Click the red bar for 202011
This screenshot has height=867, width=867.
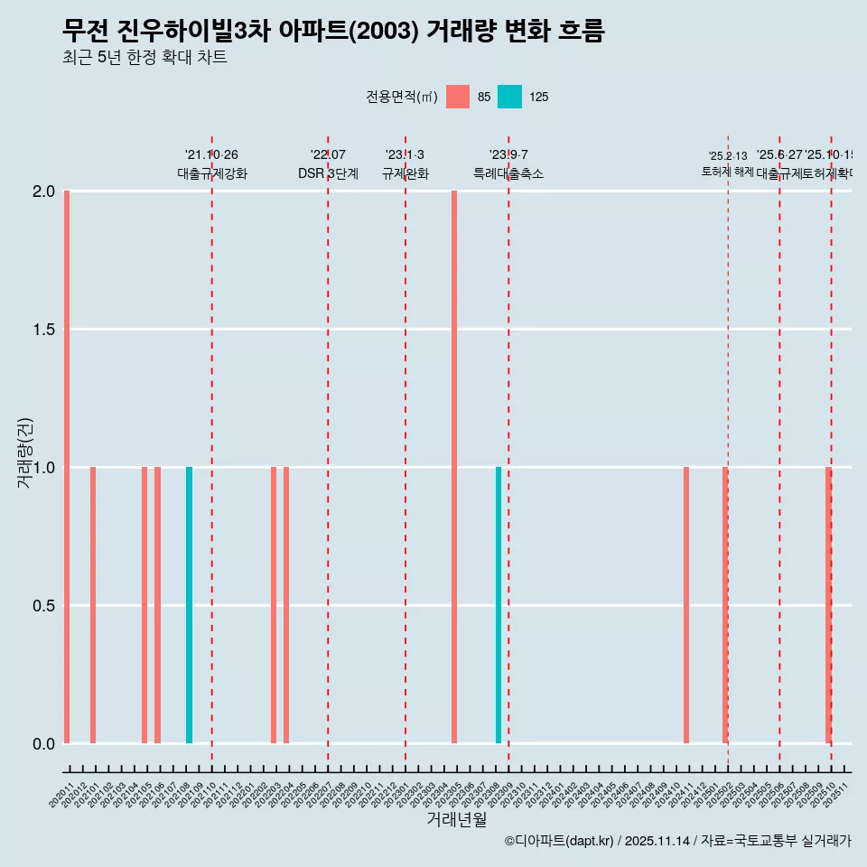(67, 467)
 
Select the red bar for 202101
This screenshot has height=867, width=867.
(93, 605)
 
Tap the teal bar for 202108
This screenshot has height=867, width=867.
(189, 605)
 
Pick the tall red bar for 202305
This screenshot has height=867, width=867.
(454, 467)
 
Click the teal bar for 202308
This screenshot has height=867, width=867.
(499, 605)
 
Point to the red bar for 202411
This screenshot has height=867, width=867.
(686, 605)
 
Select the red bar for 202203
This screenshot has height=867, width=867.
(274, 605)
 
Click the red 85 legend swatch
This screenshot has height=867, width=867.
(458, 97)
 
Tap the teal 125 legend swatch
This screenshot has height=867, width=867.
(510, 97)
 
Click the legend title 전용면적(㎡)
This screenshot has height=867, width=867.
(402, 97)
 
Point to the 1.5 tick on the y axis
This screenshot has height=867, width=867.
(44, 330)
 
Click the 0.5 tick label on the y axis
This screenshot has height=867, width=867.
(44, 606)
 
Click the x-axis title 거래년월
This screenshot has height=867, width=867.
(457, 819)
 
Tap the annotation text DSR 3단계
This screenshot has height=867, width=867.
(328, 173)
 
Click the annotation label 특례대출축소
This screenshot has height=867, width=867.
(508, 173)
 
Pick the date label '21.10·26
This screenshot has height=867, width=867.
(211, 155)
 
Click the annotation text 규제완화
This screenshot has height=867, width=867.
(405, 173)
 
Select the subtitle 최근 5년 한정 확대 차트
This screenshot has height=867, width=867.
(144, 58)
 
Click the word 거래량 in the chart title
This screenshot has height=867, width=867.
(460, 31)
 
